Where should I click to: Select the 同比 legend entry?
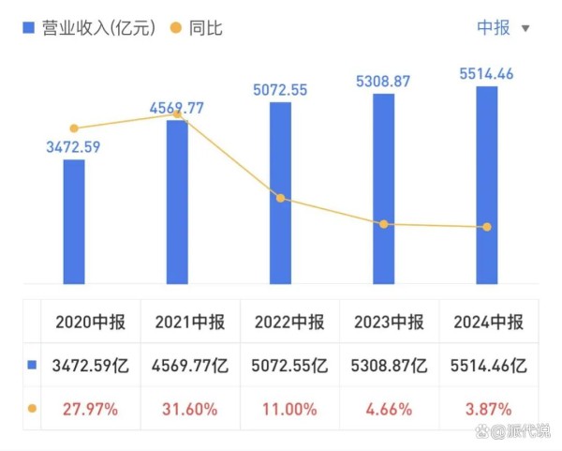point(196,28)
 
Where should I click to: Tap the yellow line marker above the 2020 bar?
point(74,128)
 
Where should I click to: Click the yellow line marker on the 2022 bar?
point(280,199)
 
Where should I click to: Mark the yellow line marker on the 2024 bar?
point(486,227)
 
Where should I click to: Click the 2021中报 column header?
point(188,323)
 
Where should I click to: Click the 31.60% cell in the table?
point(188,409)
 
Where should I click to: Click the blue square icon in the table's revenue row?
point(32,366)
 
